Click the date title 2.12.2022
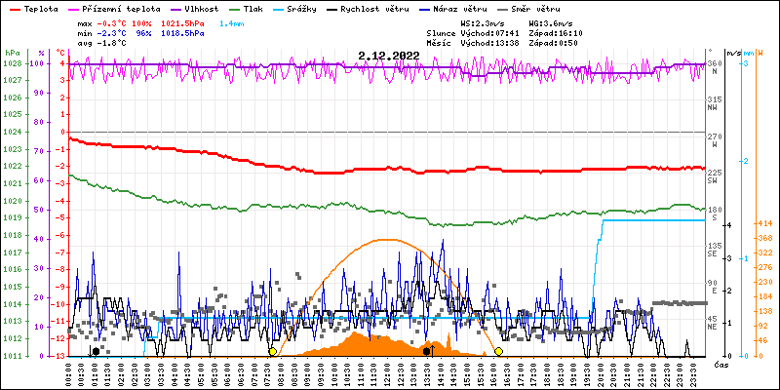tap(388, 56)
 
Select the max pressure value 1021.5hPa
tap(182, 21)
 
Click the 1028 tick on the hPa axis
tap(12, 63)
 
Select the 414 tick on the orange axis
tap(765, 223)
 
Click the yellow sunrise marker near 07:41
tap(272, 351)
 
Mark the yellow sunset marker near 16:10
tap(498, 351)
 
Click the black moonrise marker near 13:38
tap(427, 351)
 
